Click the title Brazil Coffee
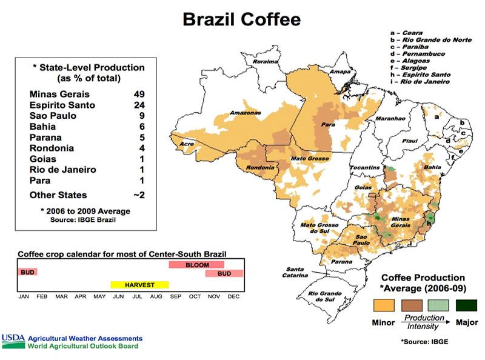pos(241,19)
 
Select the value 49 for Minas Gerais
pos(139,94)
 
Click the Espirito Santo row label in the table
pos(62,105)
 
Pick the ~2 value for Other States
pos(138,195)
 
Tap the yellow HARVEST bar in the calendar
pos(139,284)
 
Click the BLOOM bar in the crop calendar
pos(196,265)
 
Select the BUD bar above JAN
pos(27,272)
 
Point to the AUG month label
pos(156,297)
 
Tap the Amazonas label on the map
pos(245,113)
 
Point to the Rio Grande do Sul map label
pos(326,296)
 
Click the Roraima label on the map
pos(266,62)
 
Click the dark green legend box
pos(466,304)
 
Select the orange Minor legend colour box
pos(384,304)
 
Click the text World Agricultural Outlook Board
pos(82,346)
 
